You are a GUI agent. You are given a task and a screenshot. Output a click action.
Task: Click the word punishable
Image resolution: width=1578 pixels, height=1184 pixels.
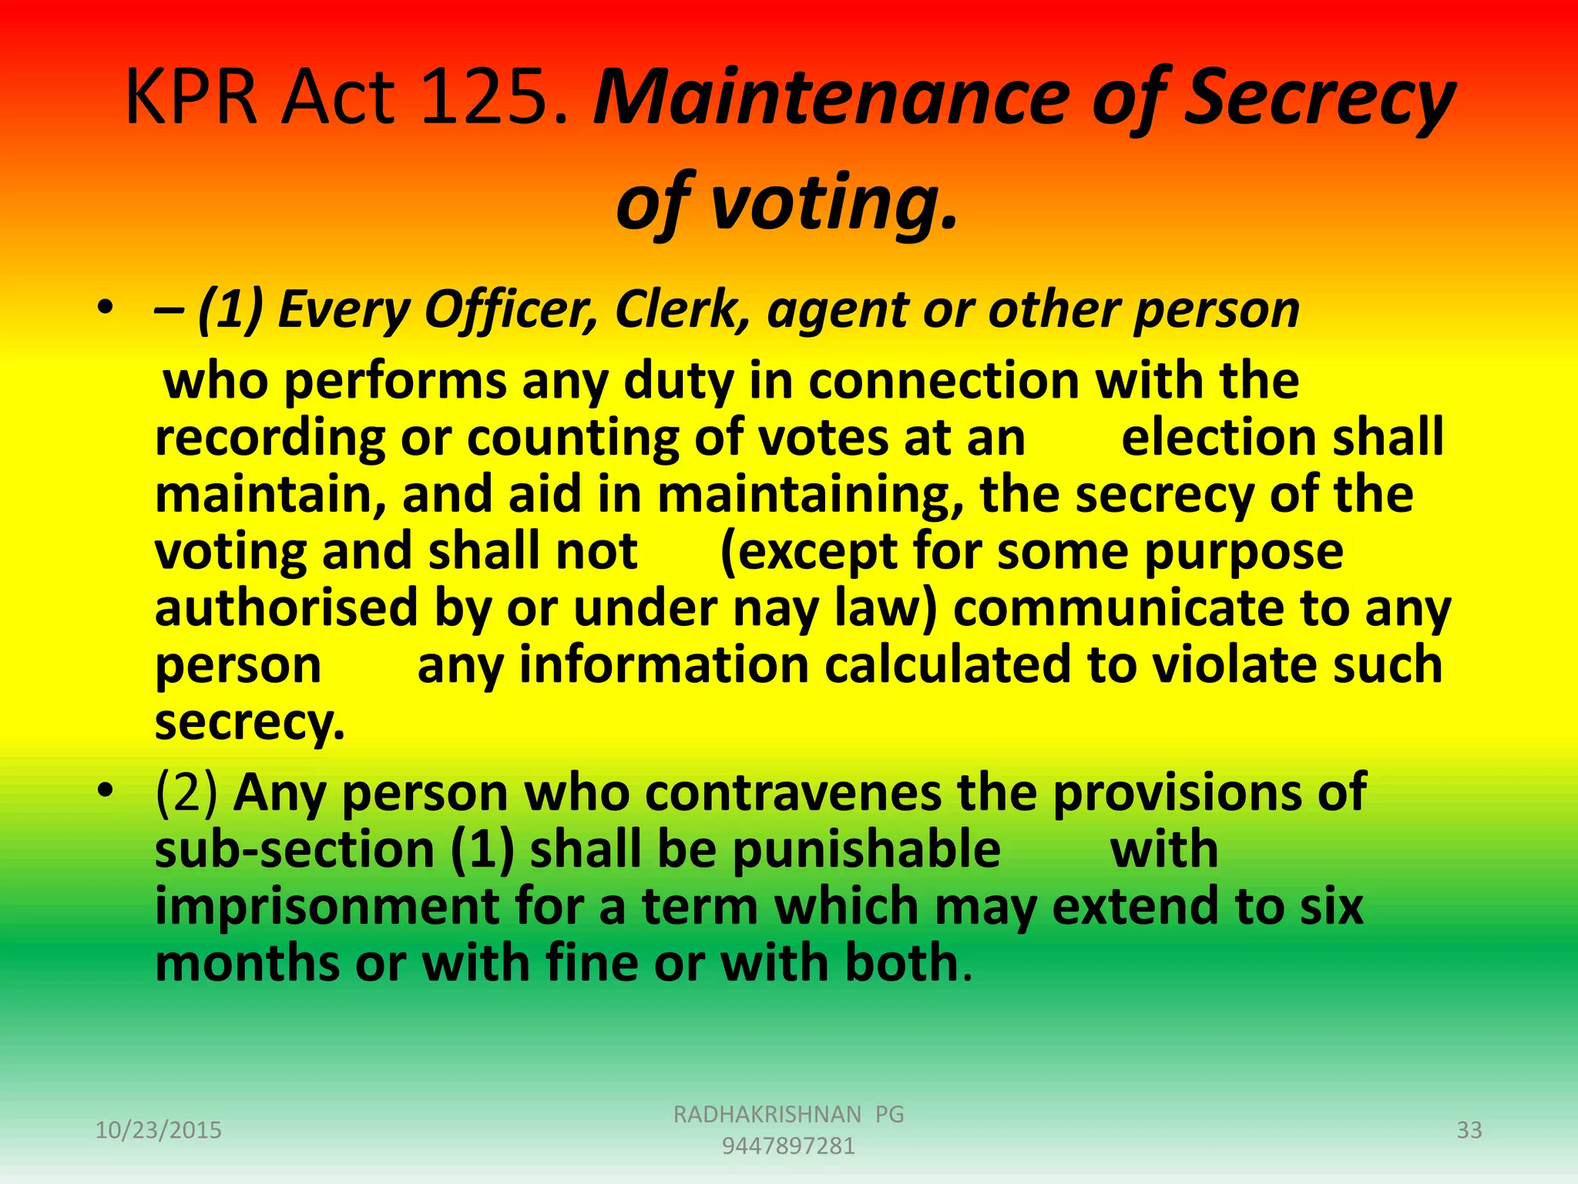(866, 849)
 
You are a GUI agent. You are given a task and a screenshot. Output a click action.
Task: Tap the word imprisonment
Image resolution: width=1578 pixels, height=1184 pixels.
(327, 906)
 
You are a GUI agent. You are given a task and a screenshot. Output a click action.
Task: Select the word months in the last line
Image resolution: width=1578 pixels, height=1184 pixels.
(247, 964)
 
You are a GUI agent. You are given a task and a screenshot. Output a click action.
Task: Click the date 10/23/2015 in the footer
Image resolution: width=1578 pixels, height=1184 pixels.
(158, 1130)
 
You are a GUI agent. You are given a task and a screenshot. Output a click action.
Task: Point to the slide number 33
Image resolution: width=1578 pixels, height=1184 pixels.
(1469, 1130)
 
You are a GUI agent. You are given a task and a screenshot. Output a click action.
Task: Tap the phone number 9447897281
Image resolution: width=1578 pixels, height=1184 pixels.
(788, 1146)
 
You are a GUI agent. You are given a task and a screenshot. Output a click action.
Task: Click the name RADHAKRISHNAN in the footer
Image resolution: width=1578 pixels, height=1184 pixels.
(767, 1114)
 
